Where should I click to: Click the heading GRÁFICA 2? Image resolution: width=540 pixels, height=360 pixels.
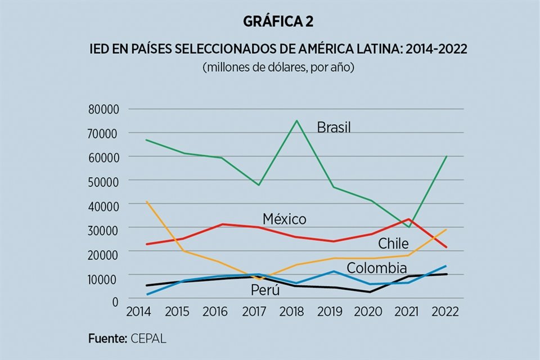point(278,22)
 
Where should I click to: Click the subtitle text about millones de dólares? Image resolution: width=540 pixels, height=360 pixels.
point(278,67)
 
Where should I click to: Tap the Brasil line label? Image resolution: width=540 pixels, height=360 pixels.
point(334,128)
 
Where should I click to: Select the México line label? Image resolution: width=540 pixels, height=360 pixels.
point(284,219)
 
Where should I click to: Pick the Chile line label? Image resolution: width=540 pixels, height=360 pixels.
point(393,244)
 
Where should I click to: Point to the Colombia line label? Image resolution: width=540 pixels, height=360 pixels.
point(376,268)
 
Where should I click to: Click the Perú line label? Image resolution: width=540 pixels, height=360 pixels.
point(265,290)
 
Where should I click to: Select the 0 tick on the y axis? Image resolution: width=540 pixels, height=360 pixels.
point(115,301)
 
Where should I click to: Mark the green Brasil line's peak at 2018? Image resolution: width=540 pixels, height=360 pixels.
point(297,120)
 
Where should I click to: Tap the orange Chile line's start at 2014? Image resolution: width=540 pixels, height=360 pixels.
point(130,201)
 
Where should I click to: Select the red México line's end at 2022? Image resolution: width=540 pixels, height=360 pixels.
point(447,247)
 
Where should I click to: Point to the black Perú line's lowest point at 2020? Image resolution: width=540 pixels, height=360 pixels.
point(370,292)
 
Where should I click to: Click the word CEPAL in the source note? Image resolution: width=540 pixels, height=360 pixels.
point(148,339)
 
